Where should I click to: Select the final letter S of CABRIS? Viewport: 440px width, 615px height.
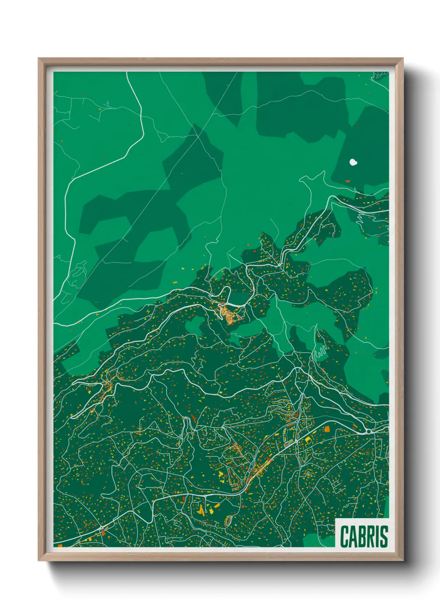pos(384,537)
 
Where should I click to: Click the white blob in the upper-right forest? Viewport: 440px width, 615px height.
pos(353,162)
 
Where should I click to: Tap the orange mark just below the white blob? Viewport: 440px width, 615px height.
pos(348,181)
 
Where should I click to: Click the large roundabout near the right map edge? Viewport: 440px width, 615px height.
pos(369,432)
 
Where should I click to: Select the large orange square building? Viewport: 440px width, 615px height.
pos(327,428)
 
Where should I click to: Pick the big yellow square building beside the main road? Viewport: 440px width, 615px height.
pos(308,439)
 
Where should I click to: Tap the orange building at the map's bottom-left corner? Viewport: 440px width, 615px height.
pos(60,545)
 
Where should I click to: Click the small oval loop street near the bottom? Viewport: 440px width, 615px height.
pos(228,520)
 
